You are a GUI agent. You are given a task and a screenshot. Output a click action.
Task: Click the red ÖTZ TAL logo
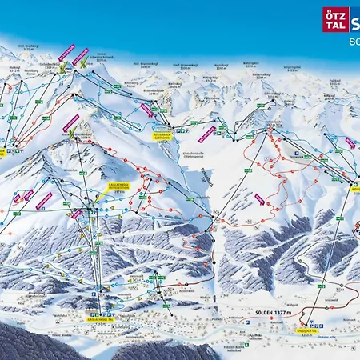coord(334,19)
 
